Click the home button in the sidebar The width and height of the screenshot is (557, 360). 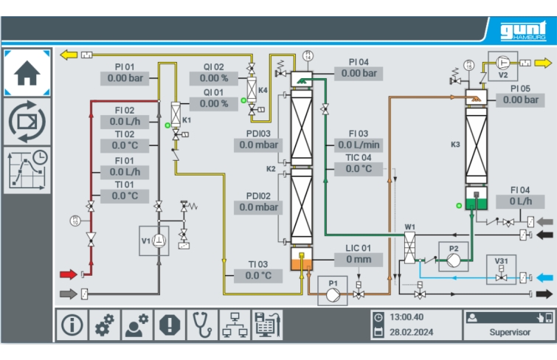point(27,73)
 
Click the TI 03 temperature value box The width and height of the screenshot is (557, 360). point(257,276)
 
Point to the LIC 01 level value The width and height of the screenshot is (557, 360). point(359,260)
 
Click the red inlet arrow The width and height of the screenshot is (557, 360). point(68,274)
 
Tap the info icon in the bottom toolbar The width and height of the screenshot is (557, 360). point(72,325)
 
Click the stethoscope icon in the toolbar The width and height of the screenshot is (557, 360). point(201,325)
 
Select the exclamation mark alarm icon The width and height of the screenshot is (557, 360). point(169,325)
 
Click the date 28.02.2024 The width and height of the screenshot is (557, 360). point(412,332)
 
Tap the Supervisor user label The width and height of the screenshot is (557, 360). point(509,332)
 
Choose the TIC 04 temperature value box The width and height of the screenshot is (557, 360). point(359,168)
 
